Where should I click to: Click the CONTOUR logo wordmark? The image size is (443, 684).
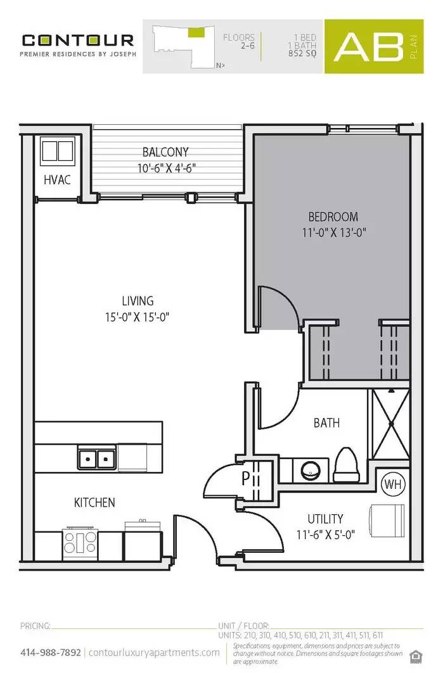(78, 41)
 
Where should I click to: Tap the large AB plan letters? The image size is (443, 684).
(369, 46)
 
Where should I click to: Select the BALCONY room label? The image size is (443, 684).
(165, 152)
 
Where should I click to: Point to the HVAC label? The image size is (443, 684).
(57, 180)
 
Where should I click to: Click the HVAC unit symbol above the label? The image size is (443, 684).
(57, 152)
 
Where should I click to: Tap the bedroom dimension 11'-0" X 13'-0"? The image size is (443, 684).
(335, 232)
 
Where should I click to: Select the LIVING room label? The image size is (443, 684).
(138, 301)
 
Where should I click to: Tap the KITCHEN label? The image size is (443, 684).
(95, 502)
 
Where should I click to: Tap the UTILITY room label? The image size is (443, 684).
(326, 519)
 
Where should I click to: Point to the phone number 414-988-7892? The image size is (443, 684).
(51, 652)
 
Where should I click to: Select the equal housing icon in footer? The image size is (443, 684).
(416, 655)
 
